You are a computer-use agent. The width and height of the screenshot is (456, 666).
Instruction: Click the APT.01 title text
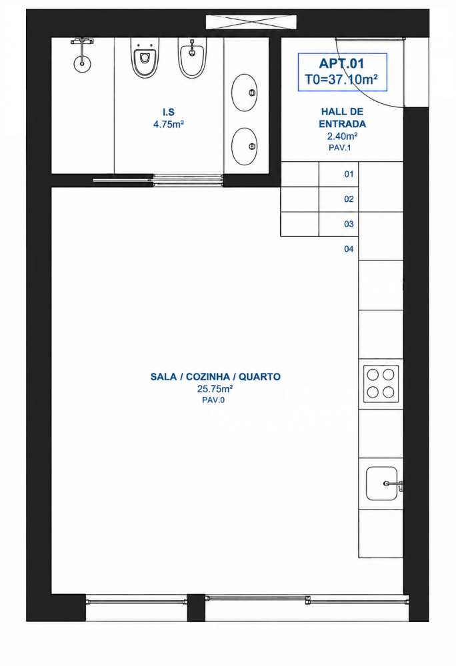(342, 64)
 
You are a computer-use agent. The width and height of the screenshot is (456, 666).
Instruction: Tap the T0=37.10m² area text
(342, 79)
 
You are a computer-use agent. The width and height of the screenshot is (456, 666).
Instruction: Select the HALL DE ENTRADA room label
(342, 118)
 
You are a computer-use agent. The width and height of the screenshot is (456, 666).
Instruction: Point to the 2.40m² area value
(342, 137)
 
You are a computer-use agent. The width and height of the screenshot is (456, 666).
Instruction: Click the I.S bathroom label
(169, 112)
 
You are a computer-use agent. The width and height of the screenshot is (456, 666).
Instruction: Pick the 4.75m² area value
(169, 125)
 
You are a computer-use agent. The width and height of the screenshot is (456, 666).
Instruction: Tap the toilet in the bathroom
(145, 57)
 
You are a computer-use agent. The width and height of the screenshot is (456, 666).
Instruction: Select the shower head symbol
(82, 54)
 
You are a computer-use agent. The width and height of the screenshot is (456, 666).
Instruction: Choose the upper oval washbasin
(245, 93)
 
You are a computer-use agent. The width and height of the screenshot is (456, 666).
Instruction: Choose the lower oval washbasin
(245, 147)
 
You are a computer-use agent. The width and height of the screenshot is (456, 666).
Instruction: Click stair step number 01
(349, 174)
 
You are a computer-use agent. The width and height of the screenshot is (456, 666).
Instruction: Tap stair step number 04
(349, 249)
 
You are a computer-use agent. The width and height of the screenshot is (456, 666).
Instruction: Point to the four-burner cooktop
(381, 384)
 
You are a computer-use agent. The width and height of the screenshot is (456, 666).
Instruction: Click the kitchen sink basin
(382, 484)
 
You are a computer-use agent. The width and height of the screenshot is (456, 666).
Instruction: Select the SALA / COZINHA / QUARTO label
(215, 377)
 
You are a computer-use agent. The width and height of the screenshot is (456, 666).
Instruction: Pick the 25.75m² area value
(215, 389)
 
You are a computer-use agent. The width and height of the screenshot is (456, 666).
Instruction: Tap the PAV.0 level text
(213, 400)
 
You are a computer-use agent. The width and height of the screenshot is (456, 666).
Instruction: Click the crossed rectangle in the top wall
(251, 22)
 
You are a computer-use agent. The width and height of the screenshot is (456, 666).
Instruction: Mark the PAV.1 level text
(339, 148)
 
